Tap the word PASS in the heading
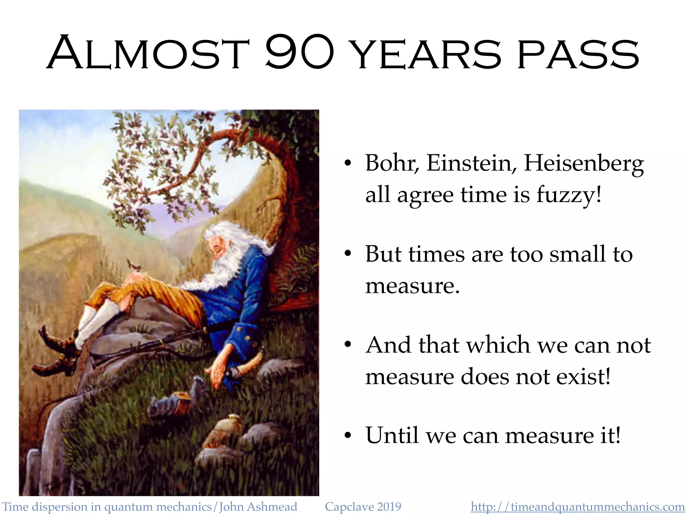(x=578, y=54)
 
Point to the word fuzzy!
(x=569, y=195)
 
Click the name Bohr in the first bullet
(x=392, y=163)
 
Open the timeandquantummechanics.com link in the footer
(x=577, y=507)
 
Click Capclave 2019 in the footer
(x=363, y=507)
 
